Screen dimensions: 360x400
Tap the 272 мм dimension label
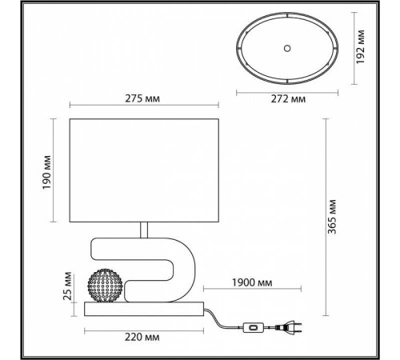(x=286, y=99)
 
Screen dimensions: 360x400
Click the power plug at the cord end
(x=287, y=326)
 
